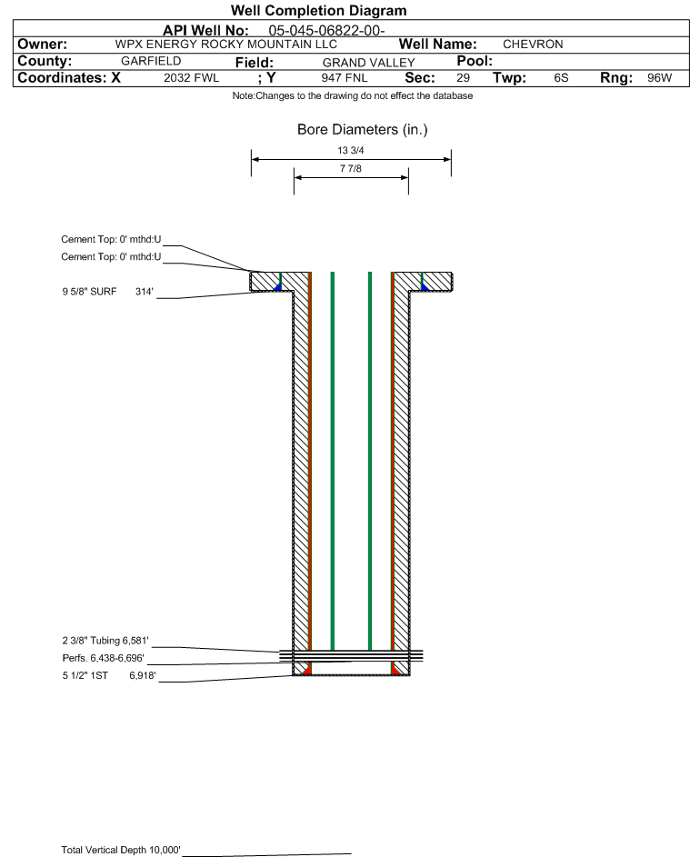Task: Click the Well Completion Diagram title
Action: click(319, 10)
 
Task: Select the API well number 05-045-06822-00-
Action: click(326, 31)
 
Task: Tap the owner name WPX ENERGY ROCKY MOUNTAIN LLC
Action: click(225, 45)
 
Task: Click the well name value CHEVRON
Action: click(533, 45)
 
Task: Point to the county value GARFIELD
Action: click(151, 61)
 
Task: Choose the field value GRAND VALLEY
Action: click(368, 63)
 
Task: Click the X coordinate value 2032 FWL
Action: click(191, 78)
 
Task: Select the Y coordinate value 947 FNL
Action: click(345, 78)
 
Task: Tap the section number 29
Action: click(463, 78)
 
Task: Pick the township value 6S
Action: click(561, 78)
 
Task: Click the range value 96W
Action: click(659, 78)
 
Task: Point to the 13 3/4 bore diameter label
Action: click(351, 150)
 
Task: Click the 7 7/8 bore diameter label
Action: click(351, 168)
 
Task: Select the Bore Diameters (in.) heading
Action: click(363, 130)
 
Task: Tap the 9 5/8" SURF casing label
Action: click(89, 292)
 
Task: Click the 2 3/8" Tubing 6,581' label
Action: click(105, 641)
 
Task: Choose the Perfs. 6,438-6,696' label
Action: click(104, 658)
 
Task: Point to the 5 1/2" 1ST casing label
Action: click(85, 675)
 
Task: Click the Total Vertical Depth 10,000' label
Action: click(121, 850)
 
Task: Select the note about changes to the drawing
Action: click(353, 95)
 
